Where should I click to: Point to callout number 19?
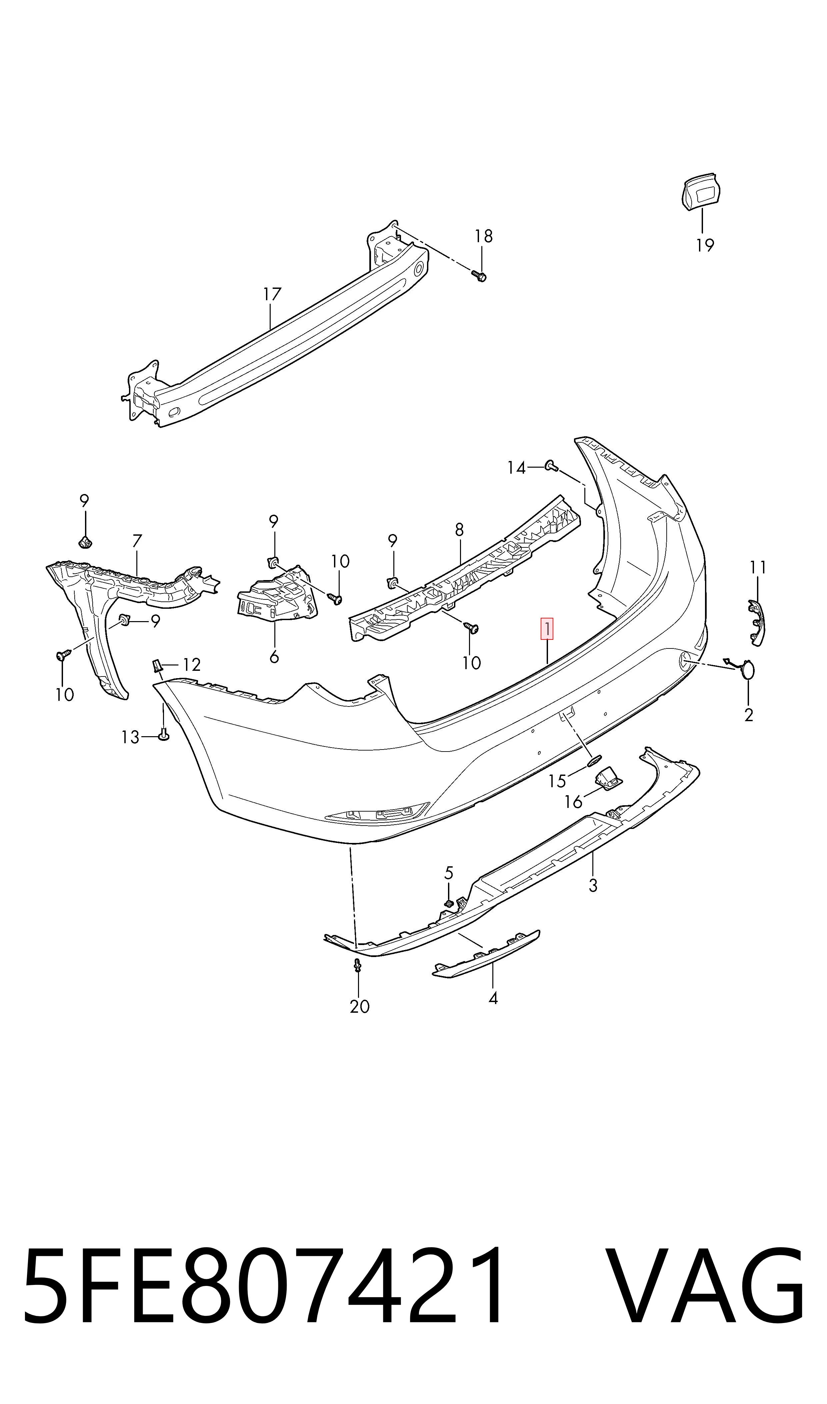[x=705, y=245]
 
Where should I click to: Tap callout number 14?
[x=517, y=468]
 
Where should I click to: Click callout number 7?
[x=137, y=541]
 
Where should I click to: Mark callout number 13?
[x=130, y=737]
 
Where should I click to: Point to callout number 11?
[x=758, y=568]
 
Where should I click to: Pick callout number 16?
[x=573, y=802]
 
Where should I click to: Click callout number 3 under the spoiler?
[x=593, y=885]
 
